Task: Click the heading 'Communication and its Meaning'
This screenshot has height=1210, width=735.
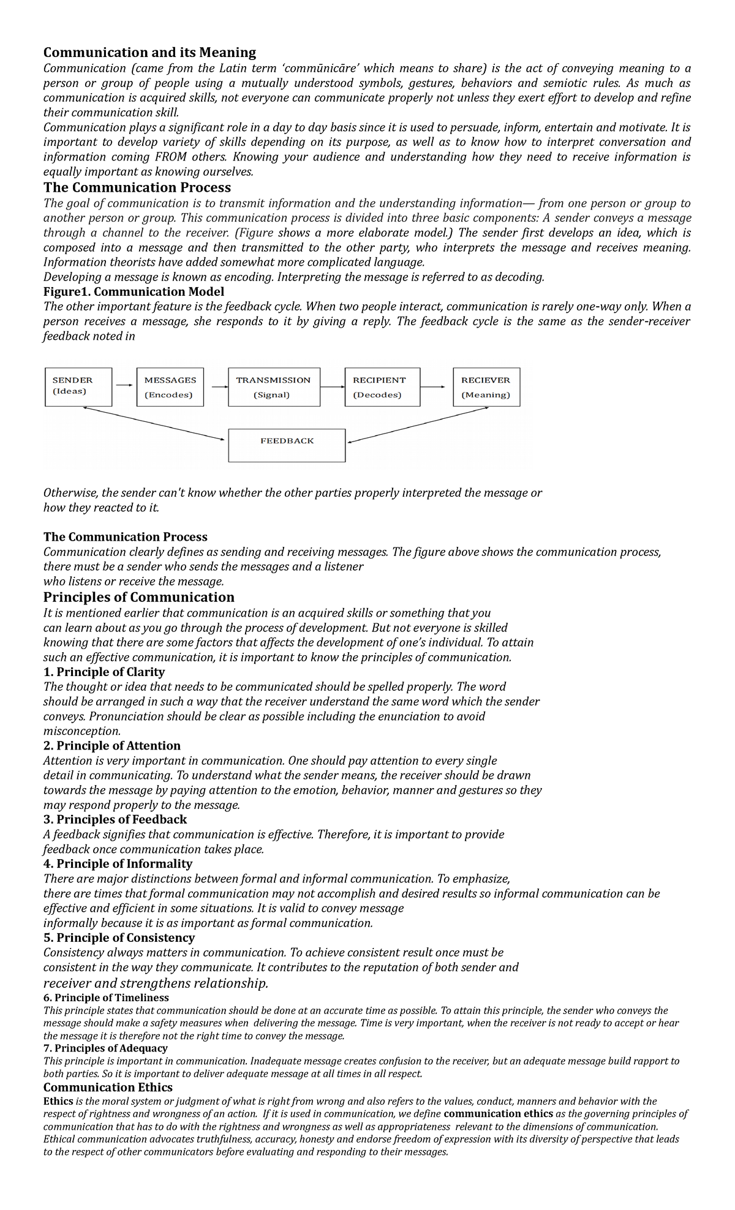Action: click(x=149, y=53)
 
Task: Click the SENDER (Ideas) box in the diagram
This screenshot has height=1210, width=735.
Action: click(x=78, y=386)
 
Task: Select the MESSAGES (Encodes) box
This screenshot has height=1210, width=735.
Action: click(x=170, y=387)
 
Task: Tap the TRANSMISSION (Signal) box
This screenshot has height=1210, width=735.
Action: click(x=273, y=387)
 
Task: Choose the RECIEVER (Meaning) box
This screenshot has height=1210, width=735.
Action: click(x=486, y=387)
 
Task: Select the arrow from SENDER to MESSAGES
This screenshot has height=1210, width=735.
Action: click(x=124, y=385)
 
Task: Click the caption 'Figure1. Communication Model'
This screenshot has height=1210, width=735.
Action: click(x=134, y=291)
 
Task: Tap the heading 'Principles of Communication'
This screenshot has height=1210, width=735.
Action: click(x=138, y=597)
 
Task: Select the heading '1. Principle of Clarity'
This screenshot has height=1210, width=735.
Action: click(x=104, y=672)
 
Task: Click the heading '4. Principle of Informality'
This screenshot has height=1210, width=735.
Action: click(x=118, y=863)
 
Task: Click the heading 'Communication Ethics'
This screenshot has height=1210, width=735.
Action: click(x=108, y=1087)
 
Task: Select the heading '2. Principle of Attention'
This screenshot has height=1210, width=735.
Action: click(x=111, y=745)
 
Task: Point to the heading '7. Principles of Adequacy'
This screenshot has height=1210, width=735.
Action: click(x=105, y=1048)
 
